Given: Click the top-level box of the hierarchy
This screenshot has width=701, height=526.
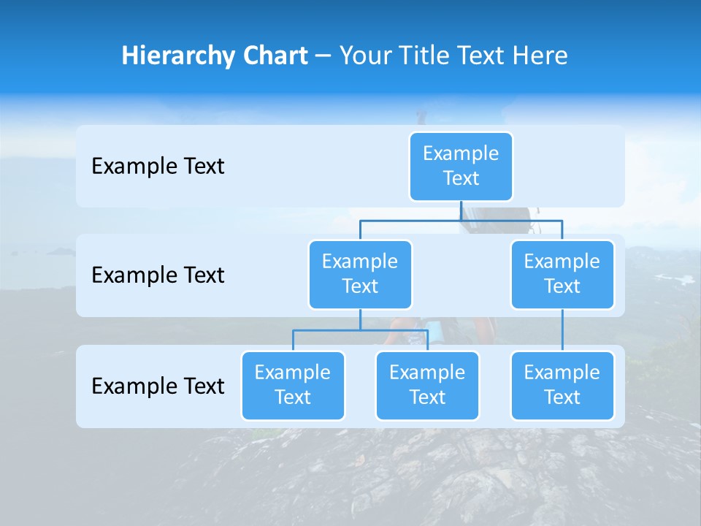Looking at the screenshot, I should coord(461,167).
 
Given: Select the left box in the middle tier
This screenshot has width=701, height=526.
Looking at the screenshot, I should coord(360,275).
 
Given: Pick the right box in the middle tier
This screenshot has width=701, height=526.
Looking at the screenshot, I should coord(562,275).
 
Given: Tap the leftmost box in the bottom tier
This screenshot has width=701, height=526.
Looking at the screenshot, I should coord(293,386).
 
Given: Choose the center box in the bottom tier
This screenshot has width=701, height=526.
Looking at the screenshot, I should coord(427,386).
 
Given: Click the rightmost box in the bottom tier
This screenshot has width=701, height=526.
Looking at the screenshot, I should coord(562,386).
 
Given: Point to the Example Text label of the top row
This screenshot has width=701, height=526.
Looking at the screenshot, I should coord(158,167).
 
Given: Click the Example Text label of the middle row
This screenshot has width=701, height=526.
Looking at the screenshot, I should coord(158,275).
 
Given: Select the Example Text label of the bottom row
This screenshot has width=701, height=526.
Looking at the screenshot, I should coord(158,386).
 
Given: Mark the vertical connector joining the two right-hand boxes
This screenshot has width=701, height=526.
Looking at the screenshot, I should coord(562,330).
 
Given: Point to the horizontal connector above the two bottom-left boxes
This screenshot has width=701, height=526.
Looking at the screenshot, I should coord(329,330).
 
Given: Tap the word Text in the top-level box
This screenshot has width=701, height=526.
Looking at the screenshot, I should coord(461,179).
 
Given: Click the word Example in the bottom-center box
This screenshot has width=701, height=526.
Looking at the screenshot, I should coord(427,373).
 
